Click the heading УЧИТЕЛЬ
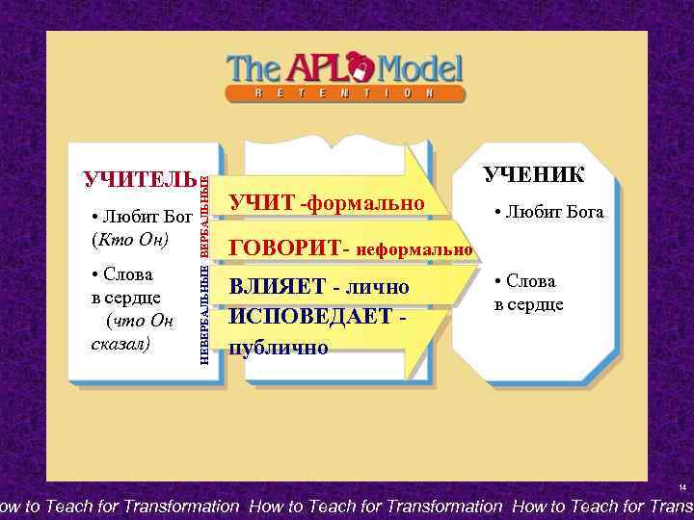140,180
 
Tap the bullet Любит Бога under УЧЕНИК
547,212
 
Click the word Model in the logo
420,68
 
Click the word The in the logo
252,68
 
